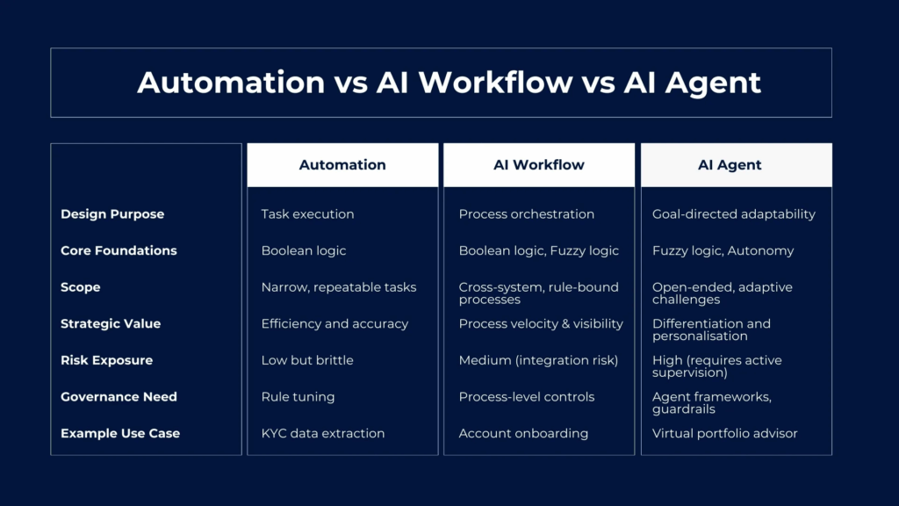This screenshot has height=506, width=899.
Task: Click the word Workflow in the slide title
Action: (495, 82)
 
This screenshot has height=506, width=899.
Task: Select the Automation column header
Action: (342, 164)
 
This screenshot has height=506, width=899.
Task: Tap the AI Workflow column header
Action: (539, 164)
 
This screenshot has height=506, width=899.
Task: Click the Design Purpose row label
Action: (112, 214)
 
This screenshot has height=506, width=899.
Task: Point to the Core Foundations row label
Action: (119, 250)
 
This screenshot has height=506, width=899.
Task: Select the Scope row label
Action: (80, 287)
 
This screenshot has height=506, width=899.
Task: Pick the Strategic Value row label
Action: (111, 323)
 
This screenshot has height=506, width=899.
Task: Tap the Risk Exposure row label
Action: (106, 360)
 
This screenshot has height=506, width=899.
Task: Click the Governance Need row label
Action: (119, 397)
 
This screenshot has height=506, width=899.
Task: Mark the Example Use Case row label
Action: (120, 434)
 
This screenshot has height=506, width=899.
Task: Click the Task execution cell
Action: (307, 214)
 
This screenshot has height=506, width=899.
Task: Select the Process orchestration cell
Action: (527, 214)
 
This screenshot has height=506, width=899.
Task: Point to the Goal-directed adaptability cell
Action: (733, 214)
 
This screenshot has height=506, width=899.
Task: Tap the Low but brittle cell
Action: (307, 360)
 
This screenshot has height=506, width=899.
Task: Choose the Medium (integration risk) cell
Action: (538, 360)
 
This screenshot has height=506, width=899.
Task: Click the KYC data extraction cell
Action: (323, 434)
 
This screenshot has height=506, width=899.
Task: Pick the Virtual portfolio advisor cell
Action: (724, 434)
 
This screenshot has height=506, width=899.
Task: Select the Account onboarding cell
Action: (523, 434)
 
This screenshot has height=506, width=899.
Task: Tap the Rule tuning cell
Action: (298, 397)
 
